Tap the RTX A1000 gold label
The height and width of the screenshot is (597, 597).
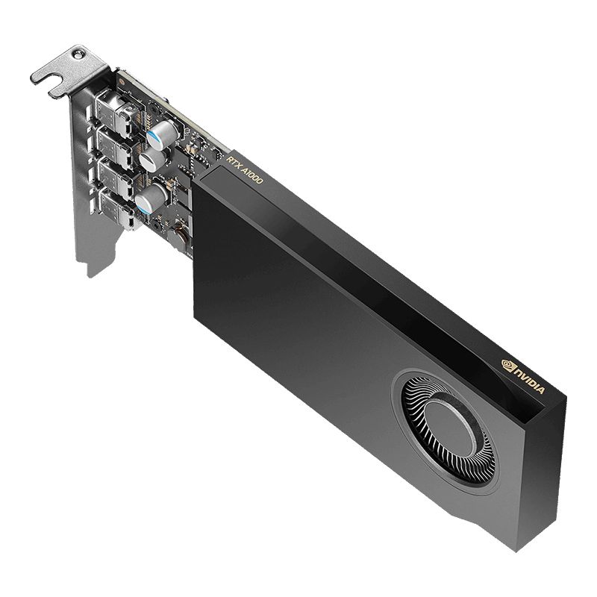pos(243,163)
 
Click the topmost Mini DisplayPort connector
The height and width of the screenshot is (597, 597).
pos(117,110)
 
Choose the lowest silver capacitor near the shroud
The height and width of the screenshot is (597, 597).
pos(153,198)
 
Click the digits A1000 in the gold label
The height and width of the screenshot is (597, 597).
pos(250,169)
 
